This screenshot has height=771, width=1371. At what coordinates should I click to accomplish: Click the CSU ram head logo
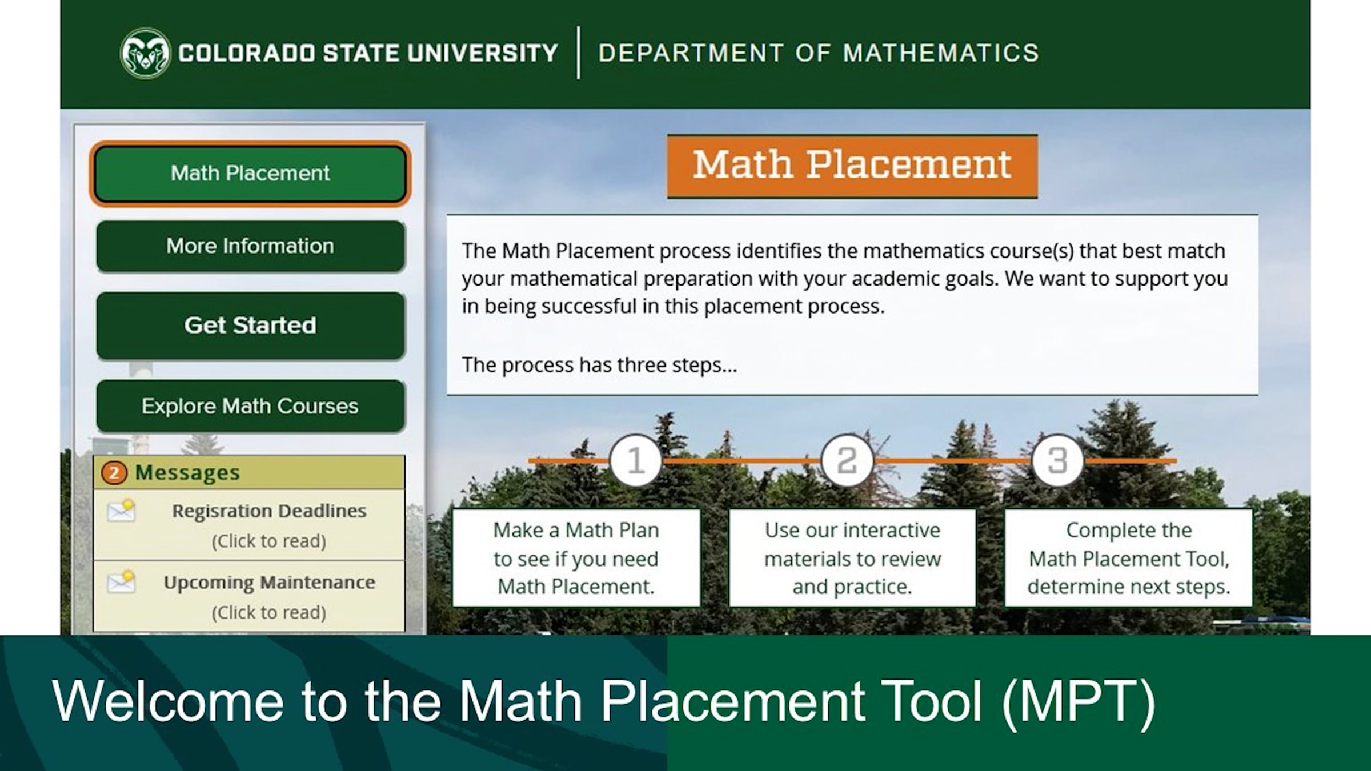point(145,53)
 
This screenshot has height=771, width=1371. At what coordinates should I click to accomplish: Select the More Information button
point(250,246)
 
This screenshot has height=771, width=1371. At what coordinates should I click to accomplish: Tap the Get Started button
point(250,326)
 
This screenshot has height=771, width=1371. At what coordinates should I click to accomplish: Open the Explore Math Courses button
point(250,406)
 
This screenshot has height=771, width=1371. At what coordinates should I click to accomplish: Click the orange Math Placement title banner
point(852,166)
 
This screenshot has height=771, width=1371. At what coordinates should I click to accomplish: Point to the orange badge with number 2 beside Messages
point(114,473)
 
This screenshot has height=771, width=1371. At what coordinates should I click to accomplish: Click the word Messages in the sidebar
point(187,473)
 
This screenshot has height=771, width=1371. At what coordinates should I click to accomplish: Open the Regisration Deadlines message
point(269,511)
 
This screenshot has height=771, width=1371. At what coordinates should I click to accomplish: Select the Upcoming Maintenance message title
point(269,582)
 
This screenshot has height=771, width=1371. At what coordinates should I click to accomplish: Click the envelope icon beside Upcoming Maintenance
point(121,582)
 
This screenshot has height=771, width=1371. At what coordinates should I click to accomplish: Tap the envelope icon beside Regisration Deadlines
point(121,511)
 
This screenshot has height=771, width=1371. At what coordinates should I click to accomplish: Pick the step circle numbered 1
point(635,460)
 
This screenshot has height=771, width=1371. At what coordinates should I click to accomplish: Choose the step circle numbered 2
point(847,460)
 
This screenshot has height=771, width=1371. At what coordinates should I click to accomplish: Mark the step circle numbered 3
point(1057,460)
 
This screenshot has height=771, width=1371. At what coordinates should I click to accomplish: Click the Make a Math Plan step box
point(576,558)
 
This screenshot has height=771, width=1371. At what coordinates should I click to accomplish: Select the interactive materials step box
point(852,558)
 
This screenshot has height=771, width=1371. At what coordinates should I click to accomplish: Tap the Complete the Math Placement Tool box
point(1128,558)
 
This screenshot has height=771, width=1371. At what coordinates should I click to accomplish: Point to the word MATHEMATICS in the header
point(941,53)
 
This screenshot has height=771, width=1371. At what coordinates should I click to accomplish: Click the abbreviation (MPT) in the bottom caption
point(1079,701)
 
